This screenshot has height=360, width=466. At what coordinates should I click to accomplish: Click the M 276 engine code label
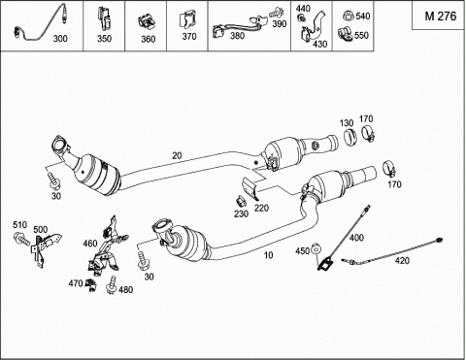(x=441, y=16)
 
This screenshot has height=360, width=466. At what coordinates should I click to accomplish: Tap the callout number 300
(x=60, y=39)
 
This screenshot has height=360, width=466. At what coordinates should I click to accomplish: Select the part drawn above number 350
(x=104, y=18)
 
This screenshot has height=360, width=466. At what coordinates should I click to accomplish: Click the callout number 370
(x=189, y=37)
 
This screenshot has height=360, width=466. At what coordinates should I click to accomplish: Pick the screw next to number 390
(x=276, y=13)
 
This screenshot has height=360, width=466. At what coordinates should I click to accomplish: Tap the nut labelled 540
(x=349, y=16)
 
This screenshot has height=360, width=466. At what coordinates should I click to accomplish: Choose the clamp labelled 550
(x=346, y=35)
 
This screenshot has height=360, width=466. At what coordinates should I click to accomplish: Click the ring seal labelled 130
(x=350, y=138)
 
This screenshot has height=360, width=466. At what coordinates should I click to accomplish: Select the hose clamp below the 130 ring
(x=389, y=169)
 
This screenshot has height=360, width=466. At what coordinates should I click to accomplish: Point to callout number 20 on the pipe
(x=177, y=156)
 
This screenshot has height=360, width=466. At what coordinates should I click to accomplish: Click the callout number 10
(x=268, y=255)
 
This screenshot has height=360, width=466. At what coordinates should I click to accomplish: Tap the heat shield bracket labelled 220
(x=251, y=189)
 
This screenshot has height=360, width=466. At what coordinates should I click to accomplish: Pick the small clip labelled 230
(x=241, y=202)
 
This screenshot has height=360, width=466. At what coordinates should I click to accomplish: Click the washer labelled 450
(x=316, y=249)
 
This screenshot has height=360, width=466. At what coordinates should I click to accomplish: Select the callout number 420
(x=402, y=260)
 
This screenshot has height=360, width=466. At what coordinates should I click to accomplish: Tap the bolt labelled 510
(x=21, y=240)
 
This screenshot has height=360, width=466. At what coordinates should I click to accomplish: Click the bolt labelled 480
(x=111, y=285)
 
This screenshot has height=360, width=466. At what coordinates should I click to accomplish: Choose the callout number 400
(x=356, y=238)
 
